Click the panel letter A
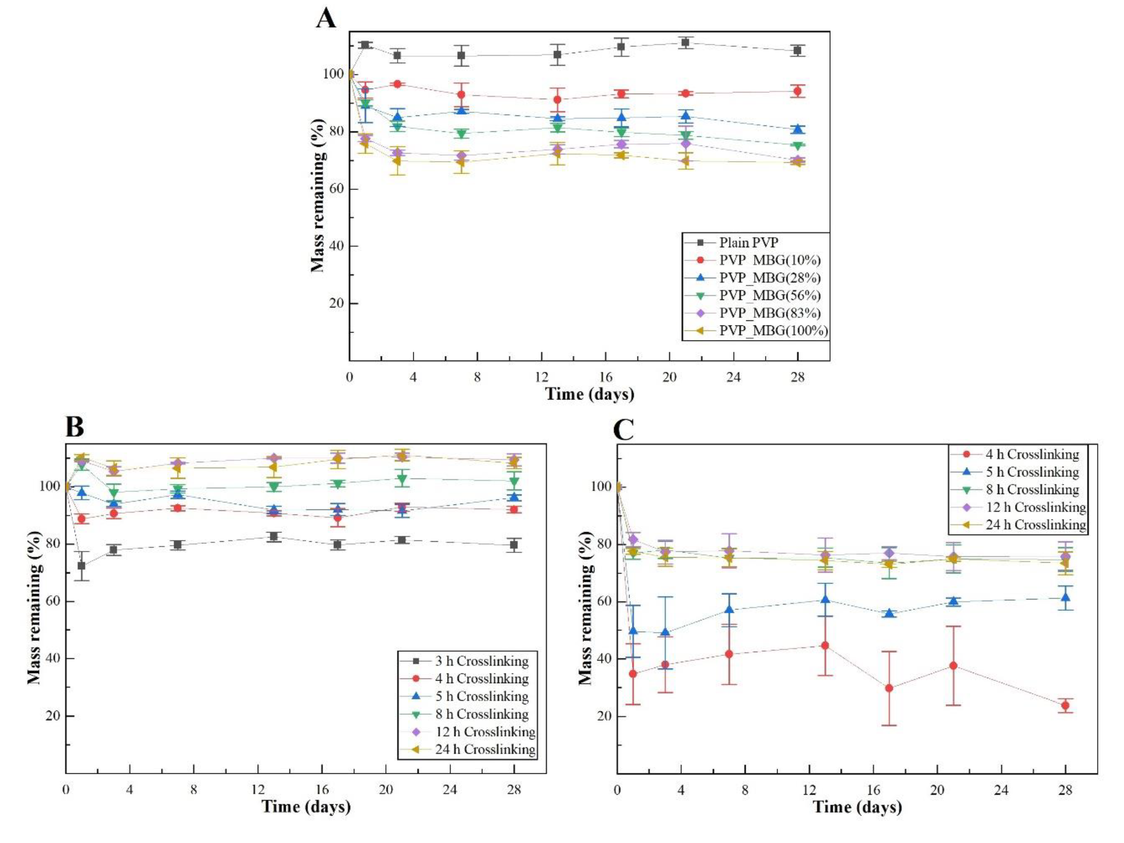(x=326, y=19)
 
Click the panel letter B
(x=75, y=427)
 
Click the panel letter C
(x=624, y=430)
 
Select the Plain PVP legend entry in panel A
(x=748, y=243)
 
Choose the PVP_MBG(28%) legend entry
(x=769, y=278)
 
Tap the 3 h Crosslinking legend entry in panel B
(x=481, y=661)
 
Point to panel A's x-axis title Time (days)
(x=589, y=394)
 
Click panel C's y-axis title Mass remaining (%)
(x=586, y=608)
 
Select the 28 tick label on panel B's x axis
(x=514, y=790)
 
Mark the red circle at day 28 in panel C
(x=1065, y=705)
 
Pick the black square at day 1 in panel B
(x=81, y=566)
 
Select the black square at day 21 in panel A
(x=685, y=43)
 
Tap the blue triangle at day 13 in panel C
(x=825, y=600)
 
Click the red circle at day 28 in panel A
(x=797, y=91)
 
